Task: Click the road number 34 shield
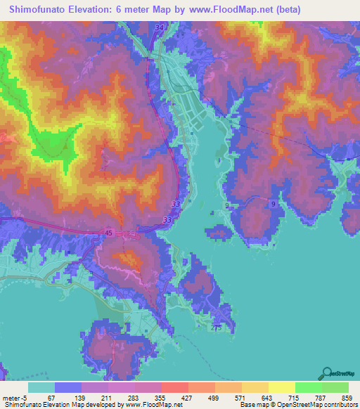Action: click(x=159, y=27)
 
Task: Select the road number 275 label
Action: click(x=216, y=327)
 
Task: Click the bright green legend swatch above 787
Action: click(x=308, y=387)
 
